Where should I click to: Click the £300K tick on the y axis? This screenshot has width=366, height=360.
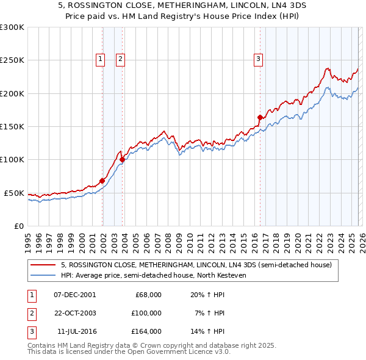12,27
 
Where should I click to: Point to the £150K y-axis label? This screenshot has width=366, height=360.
12,127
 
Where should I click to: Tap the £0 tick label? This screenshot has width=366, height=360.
18,226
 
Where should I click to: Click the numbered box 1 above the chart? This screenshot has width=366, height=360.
100,59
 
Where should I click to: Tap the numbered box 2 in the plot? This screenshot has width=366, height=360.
121,59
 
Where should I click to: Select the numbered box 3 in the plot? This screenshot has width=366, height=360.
258,59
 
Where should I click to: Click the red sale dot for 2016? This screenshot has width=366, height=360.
260,117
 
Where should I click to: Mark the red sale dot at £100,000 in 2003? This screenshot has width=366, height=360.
122,160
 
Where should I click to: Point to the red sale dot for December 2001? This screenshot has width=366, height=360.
102,181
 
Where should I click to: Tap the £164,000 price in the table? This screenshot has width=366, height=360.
146,332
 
